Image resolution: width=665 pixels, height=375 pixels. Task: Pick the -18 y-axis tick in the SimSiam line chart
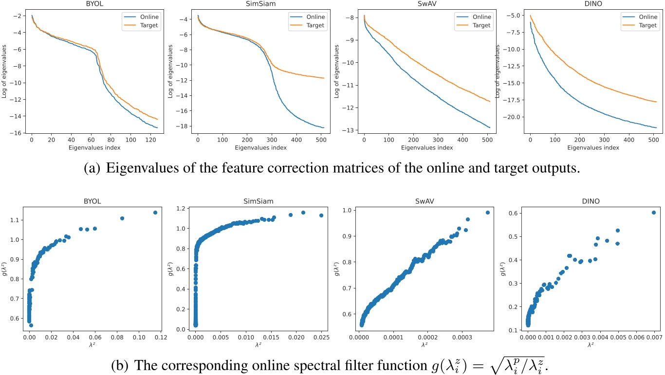click(x=181, y=127)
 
